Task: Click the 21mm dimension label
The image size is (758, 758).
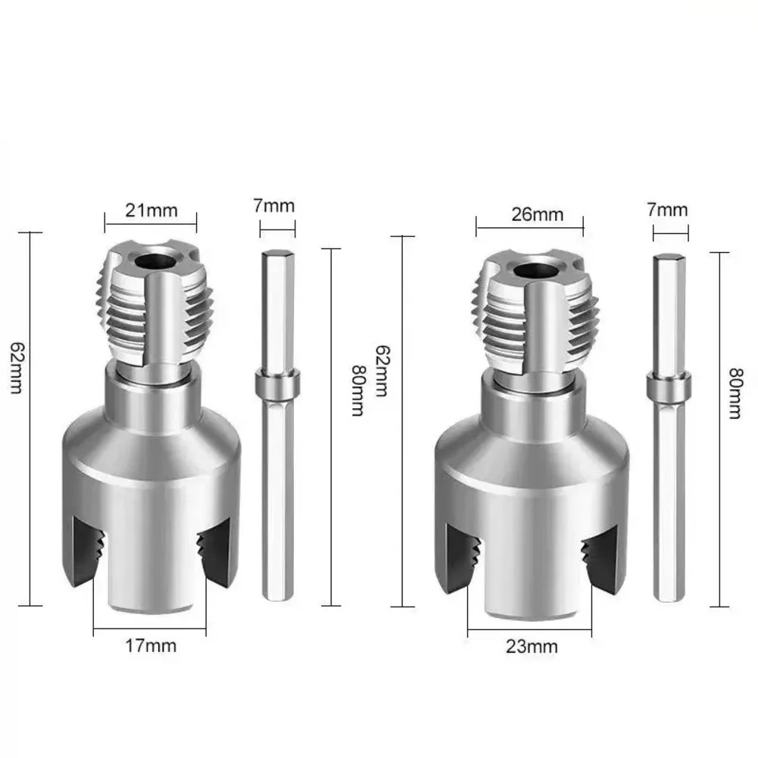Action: click(151, 211)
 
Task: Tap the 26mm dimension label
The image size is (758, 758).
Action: click(537, 214)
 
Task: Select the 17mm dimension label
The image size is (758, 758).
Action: click(151, 646)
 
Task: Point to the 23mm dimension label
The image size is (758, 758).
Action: click(532, 647)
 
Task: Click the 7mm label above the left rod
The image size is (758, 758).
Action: click(274, 206)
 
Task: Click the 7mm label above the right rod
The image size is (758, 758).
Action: click(667, 210)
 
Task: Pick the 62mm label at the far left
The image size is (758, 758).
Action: click(17, 368)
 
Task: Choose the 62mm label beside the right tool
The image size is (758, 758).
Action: click(382, 371)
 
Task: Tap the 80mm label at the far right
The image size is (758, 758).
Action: click(735, 393)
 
